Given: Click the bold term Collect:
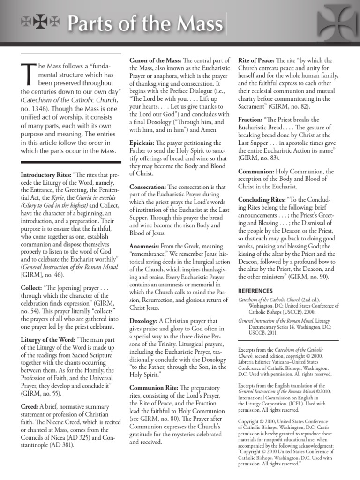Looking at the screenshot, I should [x=32, y=285].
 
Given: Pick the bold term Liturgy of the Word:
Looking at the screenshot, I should [x=50, y=338].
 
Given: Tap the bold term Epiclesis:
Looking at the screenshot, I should [x=143, y=142].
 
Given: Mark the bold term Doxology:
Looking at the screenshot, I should [x=142, y=321].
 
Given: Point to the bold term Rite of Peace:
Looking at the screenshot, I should [x=256, y=60].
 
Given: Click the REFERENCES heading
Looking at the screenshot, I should [x=255, y=290].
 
